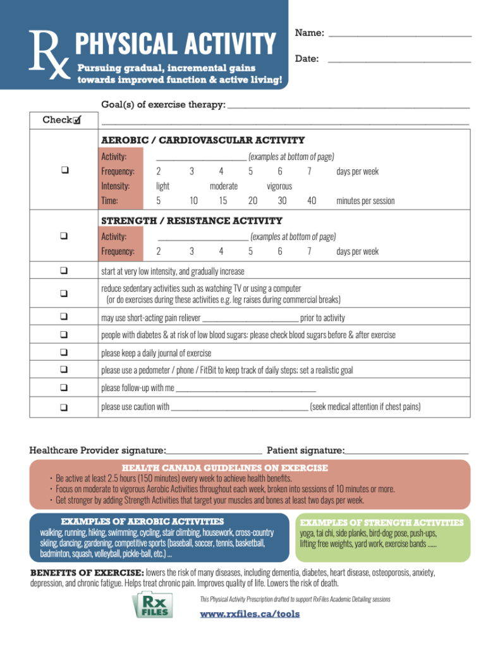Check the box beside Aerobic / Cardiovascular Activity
[64, 171]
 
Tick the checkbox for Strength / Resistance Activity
[64, 236]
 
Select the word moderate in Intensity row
[224, 186]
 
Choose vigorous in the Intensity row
[279, 186]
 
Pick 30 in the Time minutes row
[282, 201]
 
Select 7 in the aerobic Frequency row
[309, 171]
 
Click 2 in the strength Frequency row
[159, 251]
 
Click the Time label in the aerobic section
[109, 201]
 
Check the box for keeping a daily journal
[64, 353]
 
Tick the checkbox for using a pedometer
[64, 370]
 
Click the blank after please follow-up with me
[245, 387]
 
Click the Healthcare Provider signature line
[214, 451]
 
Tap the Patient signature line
[406, 451]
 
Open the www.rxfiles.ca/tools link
[250, 614]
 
